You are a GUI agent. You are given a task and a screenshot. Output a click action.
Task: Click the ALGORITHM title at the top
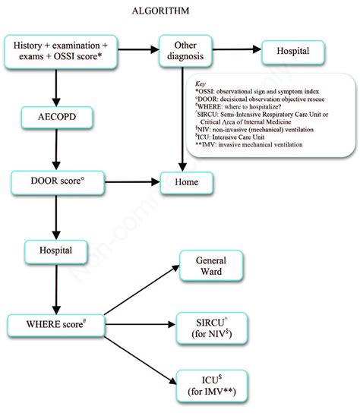coord(181,10)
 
